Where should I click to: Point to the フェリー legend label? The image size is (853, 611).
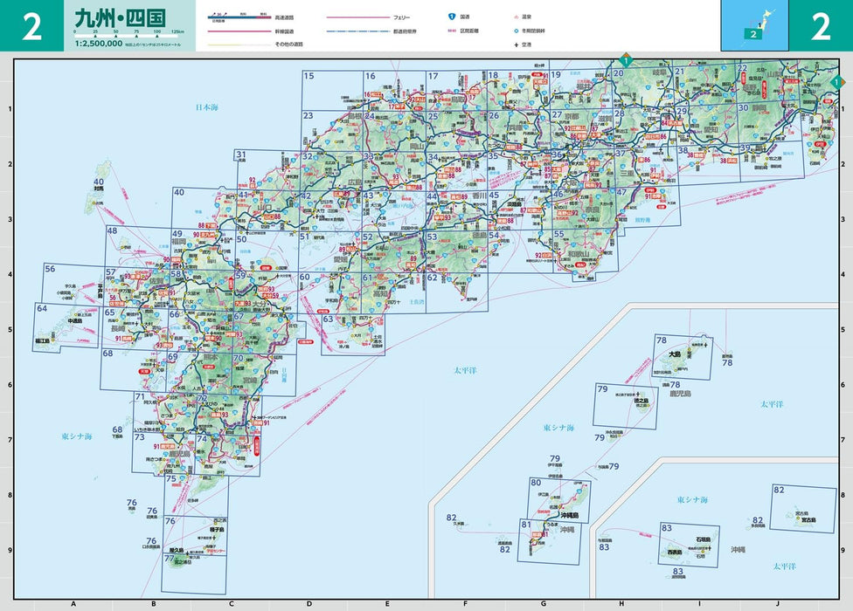(399, 17)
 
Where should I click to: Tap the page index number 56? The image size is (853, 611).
(50, 270)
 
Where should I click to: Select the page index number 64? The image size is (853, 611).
(41, 308)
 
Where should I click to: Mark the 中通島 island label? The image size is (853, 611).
(75, 320)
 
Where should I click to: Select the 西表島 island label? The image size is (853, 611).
(674, 553)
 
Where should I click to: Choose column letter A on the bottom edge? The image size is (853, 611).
(73, 603)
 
